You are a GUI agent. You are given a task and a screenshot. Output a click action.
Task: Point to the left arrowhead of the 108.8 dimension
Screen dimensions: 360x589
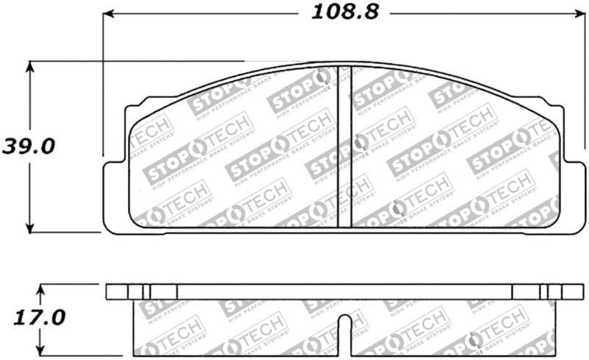pyautogui.click(x=107, y=13)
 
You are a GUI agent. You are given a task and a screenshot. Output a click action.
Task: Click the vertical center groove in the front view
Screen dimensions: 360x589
pyautogui.click(x=345, y=147)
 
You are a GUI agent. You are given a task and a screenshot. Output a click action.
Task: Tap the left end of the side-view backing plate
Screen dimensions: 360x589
pyautogui.click(x=108, y=292)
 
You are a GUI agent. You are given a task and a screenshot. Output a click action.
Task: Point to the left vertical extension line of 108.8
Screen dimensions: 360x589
pyautogui.click(x=102, y=88)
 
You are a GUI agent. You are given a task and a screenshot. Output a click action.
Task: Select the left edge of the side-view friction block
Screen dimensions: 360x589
pyautogui.click(x=133, y=328)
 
